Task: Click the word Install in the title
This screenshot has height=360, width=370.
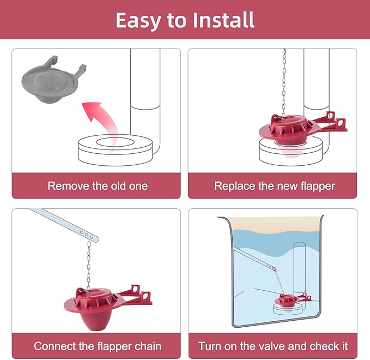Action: [223, 20]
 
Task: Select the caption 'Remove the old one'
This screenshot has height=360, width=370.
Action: [98, 186]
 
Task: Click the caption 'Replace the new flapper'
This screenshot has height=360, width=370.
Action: [274, 186]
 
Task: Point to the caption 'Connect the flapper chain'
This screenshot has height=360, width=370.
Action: [98, 346]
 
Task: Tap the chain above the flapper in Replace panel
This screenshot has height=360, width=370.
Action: [283, 82]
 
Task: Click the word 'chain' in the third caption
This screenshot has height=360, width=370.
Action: [147, 346]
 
